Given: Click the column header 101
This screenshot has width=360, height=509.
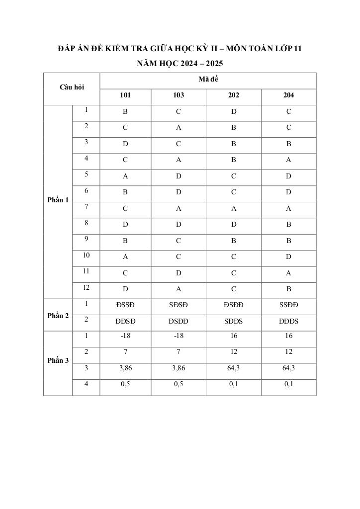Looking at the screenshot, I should pos(125,95).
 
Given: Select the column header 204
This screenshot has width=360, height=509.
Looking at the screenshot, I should pos(288,95).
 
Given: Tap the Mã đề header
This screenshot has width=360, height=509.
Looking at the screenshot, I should pos(208,80).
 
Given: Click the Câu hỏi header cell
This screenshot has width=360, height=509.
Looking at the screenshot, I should pos(72,87).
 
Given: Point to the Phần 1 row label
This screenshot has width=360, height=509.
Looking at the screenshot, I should pos(58,200).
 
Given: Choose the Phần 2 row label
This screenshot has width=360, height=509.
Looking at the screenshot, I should pos(58,316).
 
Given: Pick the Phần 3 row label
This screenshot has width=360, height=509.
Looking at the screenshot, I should pos(58,360).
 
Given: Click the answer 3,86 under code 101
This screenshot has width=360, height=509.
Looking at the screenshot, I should pos(125,368).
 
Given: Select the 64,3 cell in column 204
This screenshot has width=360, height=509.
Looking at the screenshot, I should pos(288,368).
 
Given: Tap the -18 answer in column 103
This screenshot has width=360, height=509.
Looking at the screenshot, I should pos(178,336).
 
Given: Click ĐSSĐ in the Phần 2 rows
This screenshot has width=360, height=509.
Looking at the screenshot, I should pos(125,305).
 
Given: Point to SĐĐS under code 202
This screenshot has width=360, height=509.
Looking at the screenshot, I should pos(233,321).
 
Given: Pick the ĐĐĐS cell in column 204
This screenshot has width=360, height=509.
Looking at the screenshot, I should pos(288,321).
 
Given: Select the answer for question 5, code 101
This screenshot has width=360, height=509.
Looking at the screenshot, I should pos(125,176).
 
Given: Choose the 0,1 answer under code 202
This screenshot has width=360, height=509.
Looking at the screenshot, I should pos(233,384).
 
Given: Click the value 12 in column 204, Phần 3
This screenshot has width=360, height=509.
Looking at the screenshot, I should pos(288,352).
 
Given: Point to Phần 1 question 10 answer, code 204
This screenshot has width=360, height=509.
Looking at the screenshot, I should pos(288,257).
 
